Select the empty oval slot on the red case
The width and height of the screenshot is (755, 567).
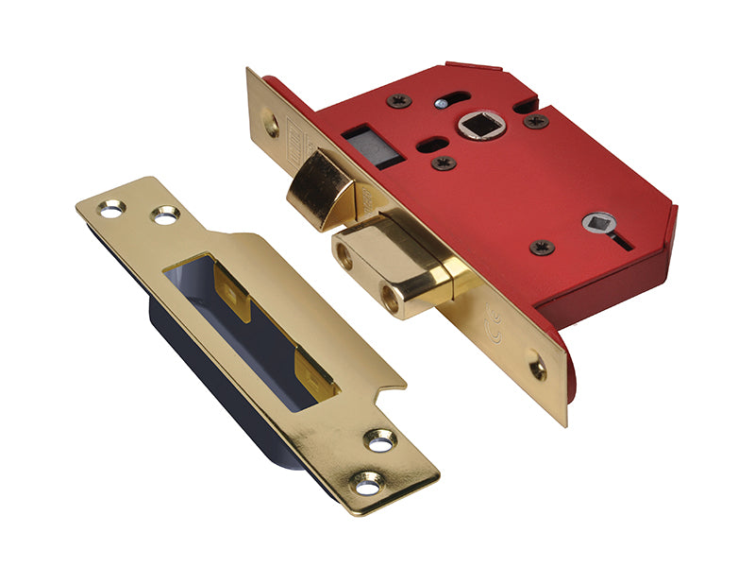(x=433, y=145)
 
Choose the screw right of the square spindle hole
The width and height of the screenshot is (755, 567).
(x=536, y=121)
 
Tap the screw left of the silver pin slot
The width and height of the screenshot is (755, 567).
(x=399, y=100)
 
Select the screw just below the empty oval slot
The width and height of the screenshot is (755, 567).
(x=444, y=163)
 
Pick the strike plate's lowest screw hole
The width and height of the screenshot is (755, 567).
(x=365, y=486)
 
